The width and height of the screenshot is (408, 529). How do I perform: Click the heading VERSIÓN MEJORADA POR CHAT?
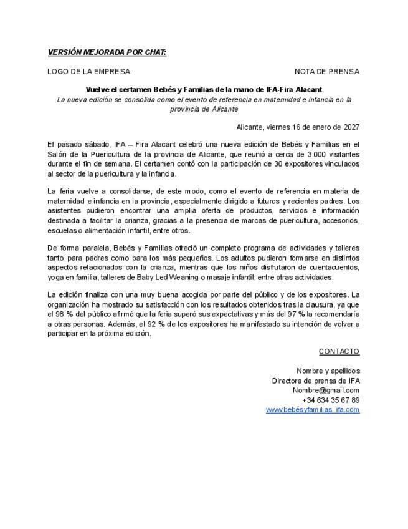(x=107, y=52)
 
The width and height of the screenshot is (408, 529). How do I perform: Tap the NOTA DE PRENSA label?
(x=326, y=71)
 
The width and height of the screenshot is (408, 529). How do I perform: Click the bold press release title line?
(x=204, y=90)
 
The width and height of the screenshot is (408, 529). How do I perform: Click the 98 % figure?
(x=64, y=314)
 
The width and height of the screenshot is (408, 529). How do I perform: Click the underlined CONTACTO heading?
(x=339, y=351)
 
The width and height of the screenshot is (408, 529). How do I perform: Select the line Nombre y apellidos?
(x=328, y=371)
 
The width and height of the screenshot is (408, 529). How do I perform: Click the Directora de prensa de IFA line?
(x=315, y=381)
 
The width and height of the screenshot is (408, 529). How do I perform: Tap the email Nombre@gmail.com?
(x=326, y=390)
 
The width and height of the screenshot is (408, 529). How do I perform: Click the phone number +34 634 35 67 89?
(x=330, y=400)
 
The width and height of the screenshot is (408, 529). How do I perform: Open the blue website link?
(x=312, y=409)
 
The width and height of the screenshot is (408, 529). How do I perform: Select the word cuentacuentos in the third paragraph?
(x=336, y=268)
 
